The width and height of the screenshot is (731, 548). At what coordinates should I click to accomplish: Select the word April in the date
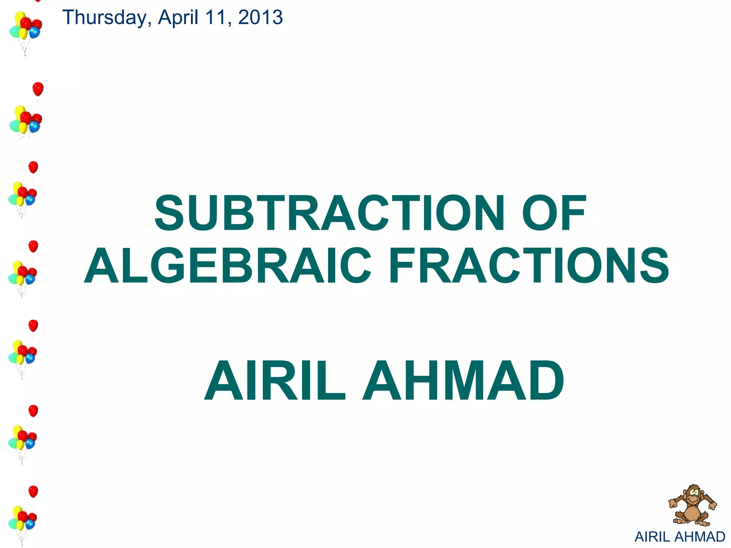tap(178, 17)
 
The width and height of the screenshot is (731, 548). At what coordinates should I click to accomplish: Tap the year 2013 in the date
tap(260, 17)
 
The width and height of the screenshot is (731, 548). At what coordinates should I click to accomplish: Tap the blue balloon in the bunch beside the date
tap(35, 33)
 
